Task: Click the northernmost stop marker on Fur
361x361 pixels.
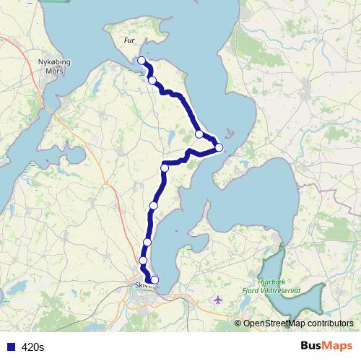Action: click(x=142, y=61)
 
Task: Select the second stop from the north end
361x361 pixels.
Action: click(x=152, y=80)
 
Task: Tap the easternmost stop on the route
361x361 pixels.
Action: click(x=219, y=148)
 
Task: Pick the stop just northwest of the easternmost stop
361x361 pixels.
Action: click(x=199, y=134)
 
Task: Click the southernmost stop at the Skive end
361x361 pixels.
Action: click(x=154, y=280)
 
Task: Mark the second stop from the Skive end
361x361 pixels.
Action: click(x=143, y=260)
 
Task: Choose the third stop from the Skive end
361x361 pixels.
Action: click(x=147, y=242)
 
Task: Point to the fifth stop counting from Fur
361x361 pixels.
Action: click(x=165, y=168)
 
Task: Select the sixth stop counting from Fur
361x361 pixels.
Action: click(x=153, y=206)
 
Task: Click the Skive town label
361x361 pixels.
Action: click(x=140, y=285)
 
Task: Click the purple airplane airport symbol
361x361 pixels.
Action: click(x=219, y=300)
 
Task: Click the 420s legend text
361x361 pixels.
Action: click(x=32, y=347)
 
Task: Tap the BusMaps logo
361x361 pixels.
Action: click(x=326, y=346)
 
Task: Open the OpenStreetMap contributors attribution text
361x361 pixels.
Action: click(x=297, y=323)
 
